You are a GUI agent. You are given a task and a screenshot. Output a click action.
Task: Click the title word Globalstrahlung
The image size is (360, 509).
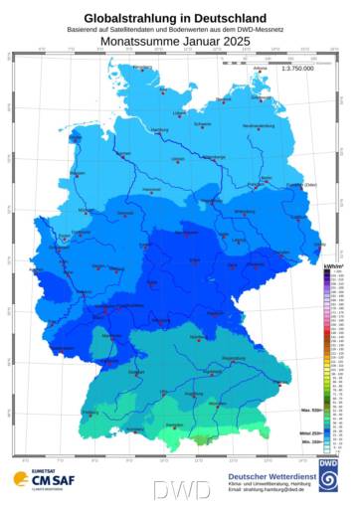click(x=135, y=18)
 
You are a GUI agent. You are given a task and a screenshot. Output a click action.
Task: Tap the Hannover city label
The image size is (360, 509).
click(x=152, y=189)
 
